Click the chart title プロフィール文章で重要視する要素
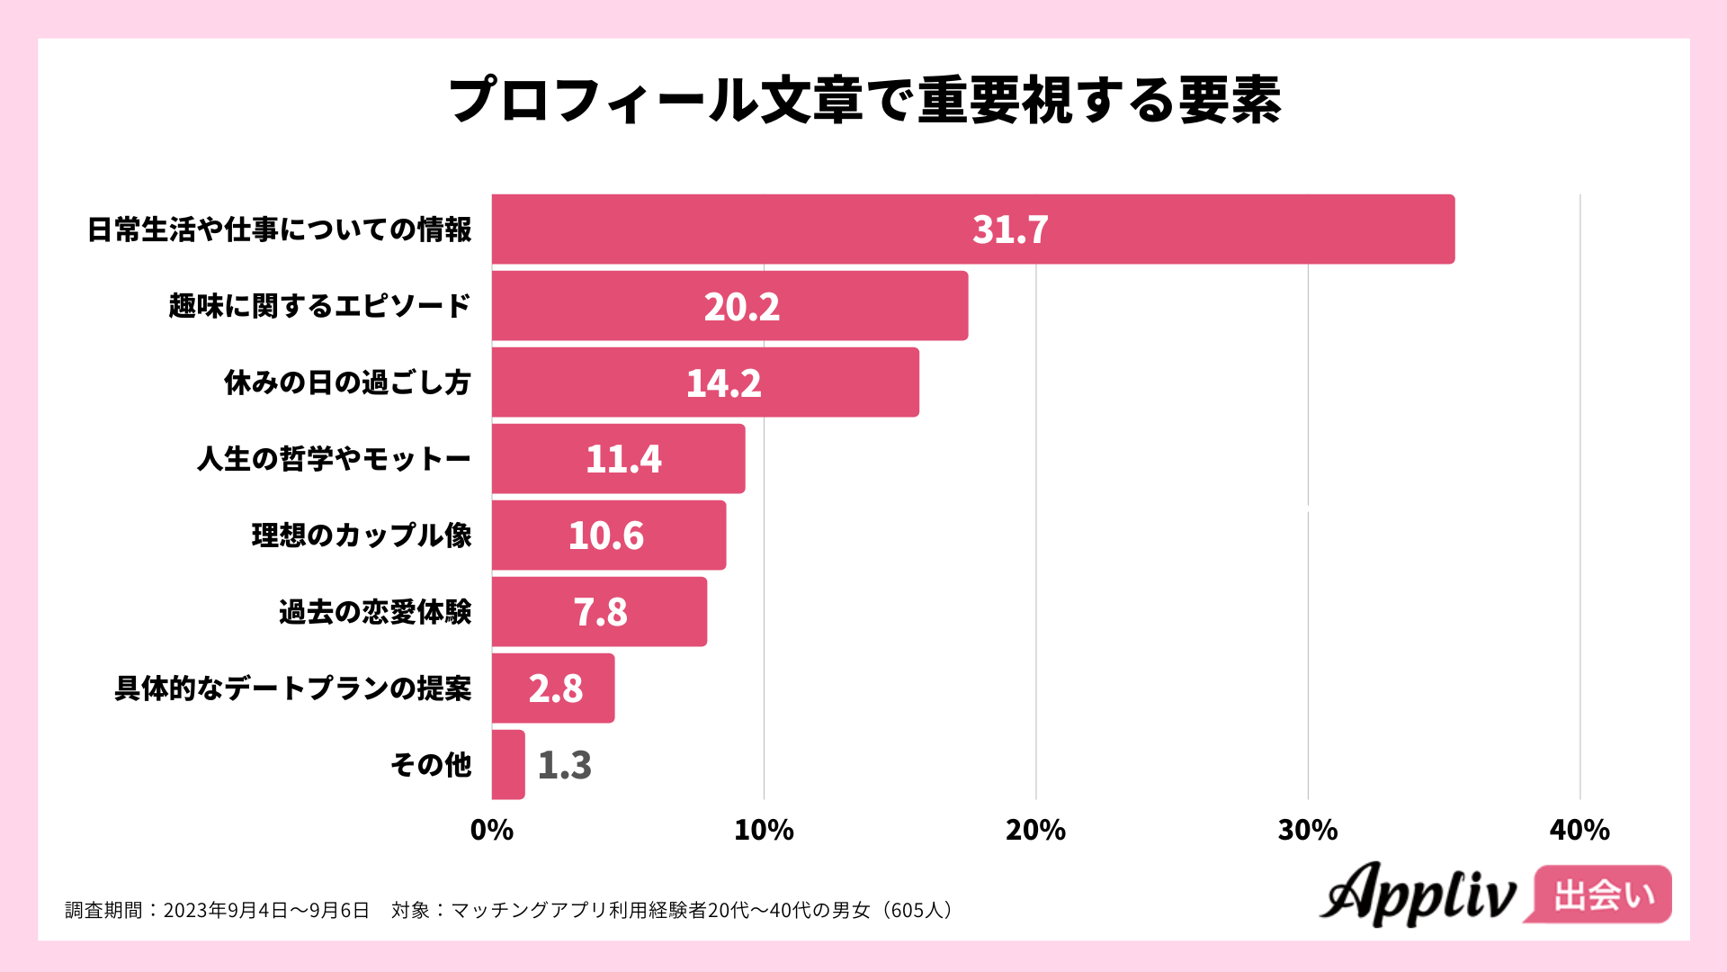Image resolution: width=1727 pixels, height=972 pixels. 863,99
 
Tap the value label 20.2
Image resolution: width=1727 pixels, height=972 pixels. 741,307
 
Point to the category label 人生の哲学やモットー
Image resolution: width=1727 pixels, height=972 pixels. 334,459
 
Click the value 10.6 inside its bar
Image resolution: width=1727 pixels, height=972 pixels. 605,535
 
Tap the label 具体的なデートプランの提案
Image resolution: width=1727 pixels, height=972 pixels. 293,688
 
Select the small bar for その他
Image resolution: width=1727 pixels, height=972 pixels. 508,765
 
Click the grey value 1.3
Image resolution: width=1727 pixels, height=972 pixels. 564,765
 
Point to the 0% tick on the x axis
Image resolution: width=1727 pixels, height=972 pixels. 492,830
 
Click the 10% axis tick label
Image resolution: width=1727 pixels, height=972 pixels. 764,830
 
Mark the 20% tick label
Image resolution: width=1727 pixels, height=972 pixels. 1035,830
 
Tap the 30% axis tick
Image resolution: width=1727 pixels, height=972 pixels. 1308,830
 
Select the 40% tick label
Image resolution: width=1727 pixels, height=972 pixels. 1579,830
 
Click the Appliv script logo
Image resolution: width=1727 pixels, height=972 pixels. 1418,895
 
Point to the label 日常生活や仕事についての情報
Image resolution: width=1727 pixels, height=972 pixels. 279,229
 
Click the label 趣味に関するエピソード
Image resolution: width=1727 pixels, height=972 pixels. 319,306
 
